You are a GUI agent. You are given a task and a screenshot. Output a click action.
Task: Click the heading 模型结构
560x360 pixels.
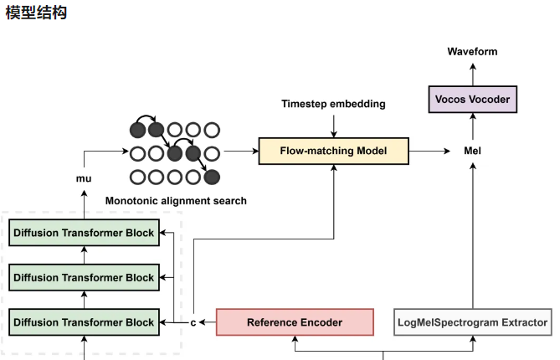[37, 14]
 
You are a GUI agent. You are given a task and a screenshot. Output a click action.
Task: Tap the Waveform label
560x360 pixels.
[472, 52]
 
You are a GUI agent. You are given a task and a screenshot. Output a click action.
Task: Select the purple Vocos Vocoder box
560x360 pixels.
[472, 100]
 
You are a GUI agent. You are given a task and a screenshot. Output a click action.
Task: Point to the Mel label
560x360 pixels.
[472, 152]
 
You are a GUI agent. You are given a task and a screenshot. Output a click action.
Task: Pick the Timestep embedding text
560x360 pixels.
[334, 105]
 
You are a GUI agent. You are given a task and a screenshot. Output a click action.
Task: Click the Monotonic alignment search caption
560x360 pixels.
[176, 201]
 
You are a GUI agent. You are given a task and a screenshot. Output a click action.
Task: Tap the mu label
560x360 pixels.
[84, 178]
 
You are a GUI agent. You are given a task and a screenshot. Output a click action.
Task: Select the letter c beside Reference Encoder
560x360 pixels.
[193, 322]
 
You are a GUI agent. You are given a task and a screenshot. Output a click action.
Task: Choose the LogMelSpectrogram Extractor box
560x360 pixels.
[472, 322]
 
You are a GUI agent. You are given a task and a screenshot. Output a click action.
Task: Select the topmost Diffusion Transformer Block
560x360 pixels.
[84, 234]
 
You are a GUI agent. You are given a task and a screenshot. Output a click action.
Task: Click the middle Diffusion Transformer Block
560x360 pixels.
[84, 278]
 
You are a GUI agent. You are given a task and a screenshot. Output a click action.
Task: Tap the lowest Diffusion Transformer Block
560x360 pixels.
[84, 322]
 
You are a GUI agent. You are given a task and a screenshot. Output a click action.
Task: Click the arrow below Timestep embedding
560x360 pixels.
[334, 124]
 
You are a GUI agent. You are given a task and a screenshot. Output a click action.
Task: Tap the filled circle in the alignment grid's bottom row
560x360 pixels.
[213, 176]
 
